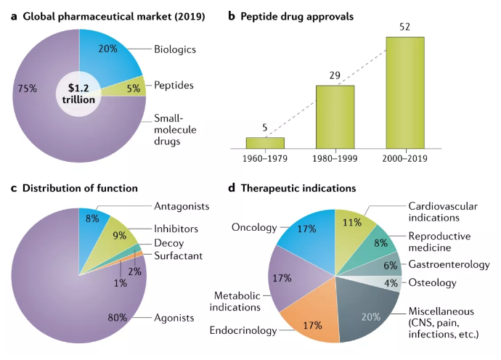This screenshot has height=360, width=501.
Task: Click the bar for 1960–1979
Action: click(x=265, y=142)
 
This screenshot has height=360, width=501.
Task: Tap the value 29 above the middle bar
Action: click(x=334, y=75)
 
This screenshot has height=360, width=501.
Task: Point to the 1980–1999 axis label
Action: click(x=335, y=158)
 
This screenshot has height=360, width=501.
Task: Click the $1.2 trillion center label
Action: click(x=78, y=93)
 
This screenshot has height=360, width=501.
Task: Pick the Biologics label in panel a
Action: click(x=175, y=50)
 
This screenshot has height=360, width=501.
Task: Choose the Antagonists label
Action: click(x=182, y=206)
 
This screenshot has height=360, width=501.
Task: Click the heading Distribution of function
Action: click(x=80, y=188)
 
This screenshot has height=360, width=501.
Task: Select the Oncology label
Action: click(x=253, y=227)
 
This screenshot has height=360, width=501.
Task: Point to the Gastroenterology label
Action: click(x=447, y=264)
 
